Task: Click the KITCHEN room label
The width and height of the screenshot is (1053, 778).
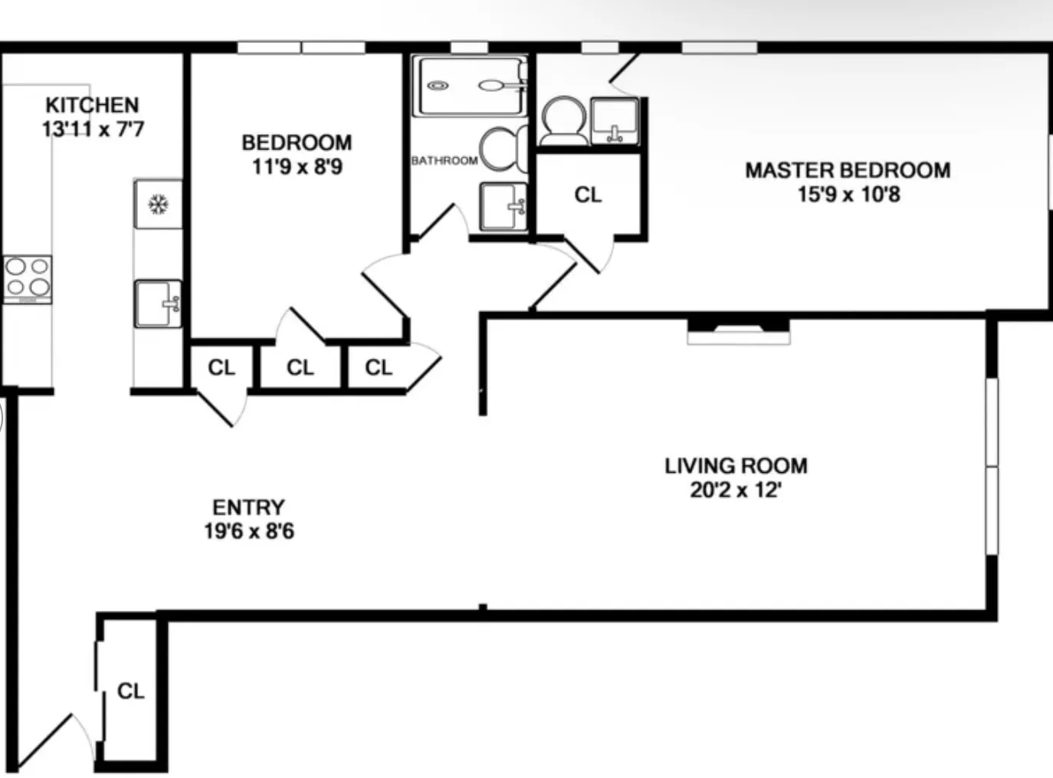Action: (x=92, y=104)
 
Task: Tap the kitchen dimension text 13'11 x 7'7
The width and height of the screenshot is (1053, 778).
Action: (x=92, y=129)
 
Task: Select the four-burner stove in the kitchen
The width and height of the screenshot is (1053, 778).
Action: (x=27, y=277)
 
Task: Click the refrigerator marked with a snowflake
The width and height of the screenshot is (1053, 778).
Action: (x=158, y=204)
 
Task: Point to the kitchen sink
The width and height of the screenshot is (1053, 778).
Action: (x=158, y=304)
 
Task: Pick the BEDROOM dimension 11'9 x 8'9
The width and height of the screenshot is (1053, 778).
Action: (x=297, y=166)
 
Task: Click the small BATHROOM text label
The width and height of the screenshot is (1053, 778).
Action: (x=444, y=161)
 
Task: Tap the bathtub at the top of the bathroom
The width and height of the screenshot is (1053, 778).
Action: (x=469, y=85)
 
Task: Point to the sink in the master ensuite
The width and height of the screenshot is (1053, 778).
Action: (x=614, y=120)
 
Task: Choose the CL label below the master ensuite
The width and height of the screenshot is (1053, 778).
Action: (x=588, y=195)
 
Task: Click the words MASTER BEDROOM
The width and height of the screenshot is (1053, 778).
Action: (x=848, y=170)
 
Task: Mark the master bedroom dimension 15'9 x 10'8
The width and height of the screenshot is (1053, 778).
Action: (x=848, y=195)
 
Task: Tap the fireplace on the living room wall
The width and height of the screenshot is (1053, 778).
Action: (x=738, y=330)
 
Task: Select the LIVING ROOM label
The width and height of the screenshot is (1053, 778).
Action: (x=736, y=466)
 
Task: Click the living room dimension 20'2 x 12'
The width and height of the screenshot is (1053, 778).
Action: (x=736, y=490)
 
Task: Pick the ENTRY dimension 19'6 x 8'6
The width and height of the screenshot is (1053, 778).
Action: (x=248, y=531)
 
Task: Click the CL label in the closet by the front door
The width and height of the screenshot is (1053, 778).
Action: (x=130, y=691)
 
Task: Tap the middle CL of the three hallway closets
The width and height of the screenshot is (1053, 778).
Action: (x=300, y=368)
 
